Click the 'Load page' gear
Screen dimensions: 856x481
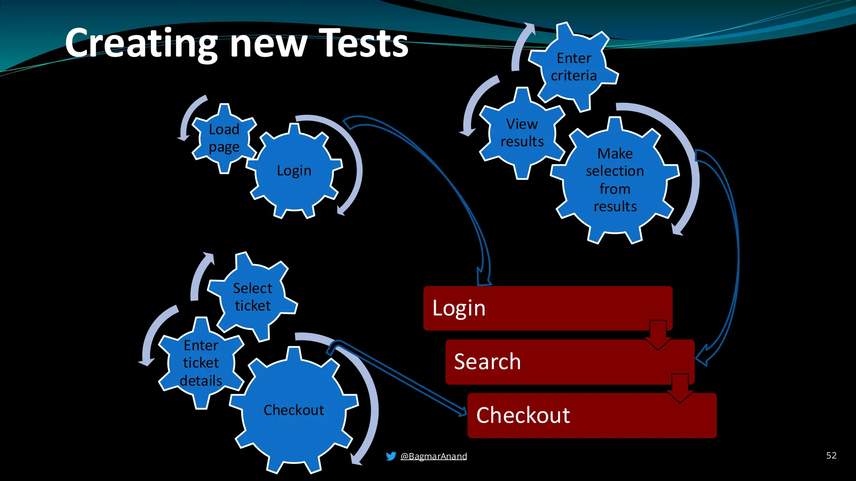tap(224, 138)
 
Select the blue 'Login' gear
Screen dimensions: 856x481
tap(294, 171)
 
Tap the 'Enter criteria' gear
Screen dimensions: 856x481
tap(573, 67)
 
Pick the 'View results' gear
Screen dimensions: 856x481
tap(522, 133)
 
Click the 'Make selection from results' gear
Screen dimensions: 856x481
tap(614, 180)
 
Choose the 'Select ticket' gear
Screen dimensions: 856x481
tap(252, 297)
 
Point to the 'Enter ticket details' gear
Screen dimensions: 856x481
tap(201, 363)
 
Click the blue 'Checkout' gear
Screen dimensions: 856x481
tap(294, 410)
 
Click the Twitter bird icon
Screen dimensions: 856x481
tap(391, 456)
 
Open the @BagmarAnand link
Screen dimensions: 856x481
tap(433, 456)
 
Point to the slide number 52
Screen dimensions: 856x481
tap(831, 455)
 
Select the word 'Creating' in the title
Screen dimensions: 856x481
tap(141, 43)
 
